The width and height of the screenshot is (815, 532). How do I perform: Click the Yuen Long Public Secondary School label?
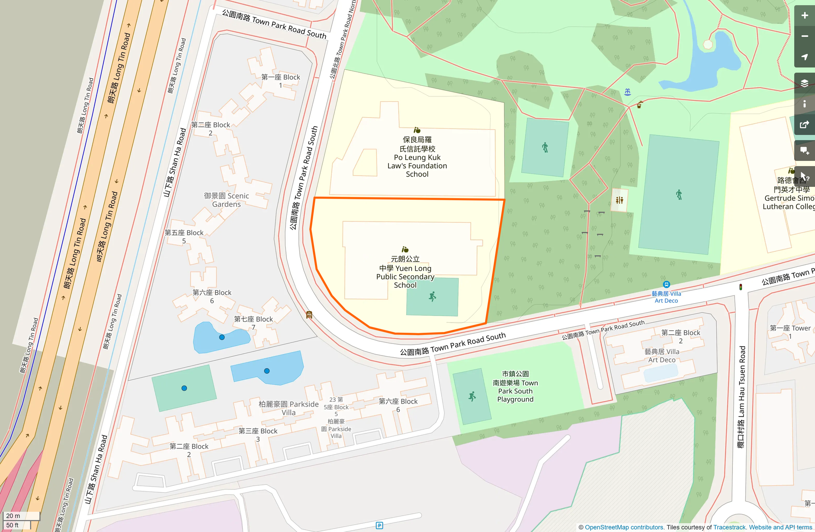pos(405,272)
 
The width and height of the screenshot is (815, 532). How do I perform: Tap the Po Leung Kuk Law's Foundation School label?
pos(417,157)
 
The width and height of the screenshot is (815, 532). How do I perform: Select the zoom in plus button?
pos(804,16)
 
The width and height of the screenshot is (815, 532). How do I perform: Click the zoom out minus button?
pos(804,36)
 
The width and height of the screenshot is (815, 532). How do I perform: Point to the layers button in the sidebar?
pos(804,83)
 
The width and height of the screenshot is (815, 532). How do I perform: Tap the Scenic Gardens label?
pos(226,200)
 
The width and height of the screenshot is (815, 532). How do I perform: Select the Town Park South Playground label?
pos(515,387)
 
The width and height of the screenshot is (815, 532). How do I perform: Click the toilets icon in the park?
pos(619,200)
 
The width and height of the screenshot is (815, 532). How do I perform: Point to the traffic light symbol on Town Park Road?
pos(741,287)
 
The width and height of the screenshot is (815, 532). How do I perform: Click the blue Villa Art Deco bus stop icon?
pos(666,284)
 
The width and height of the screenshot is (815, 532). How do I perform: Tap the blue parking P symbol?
pos(379,526)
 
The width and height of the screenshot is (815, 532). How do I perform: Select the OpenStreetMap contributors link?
pos(624,527)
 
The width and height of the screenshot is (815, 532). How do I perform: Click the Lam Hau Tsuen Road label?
pos(741,397)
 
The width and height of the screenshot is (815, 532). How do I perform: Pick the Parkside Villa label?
pos(289,408)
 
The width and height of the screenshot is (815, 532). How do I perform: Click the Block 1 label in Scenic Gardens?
pos(280,81)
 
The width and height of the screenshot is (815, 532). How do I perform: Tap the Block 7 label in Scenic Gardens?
pos(253,323)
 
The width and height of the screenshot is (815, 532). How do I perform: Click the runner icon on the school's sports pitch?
pos(432,296)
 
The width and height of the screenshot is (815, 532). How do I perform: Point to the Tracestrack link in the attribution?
pos(730,527)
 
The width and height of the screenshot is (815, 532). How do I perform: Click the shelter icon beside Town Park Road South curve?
pos(309,315)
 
